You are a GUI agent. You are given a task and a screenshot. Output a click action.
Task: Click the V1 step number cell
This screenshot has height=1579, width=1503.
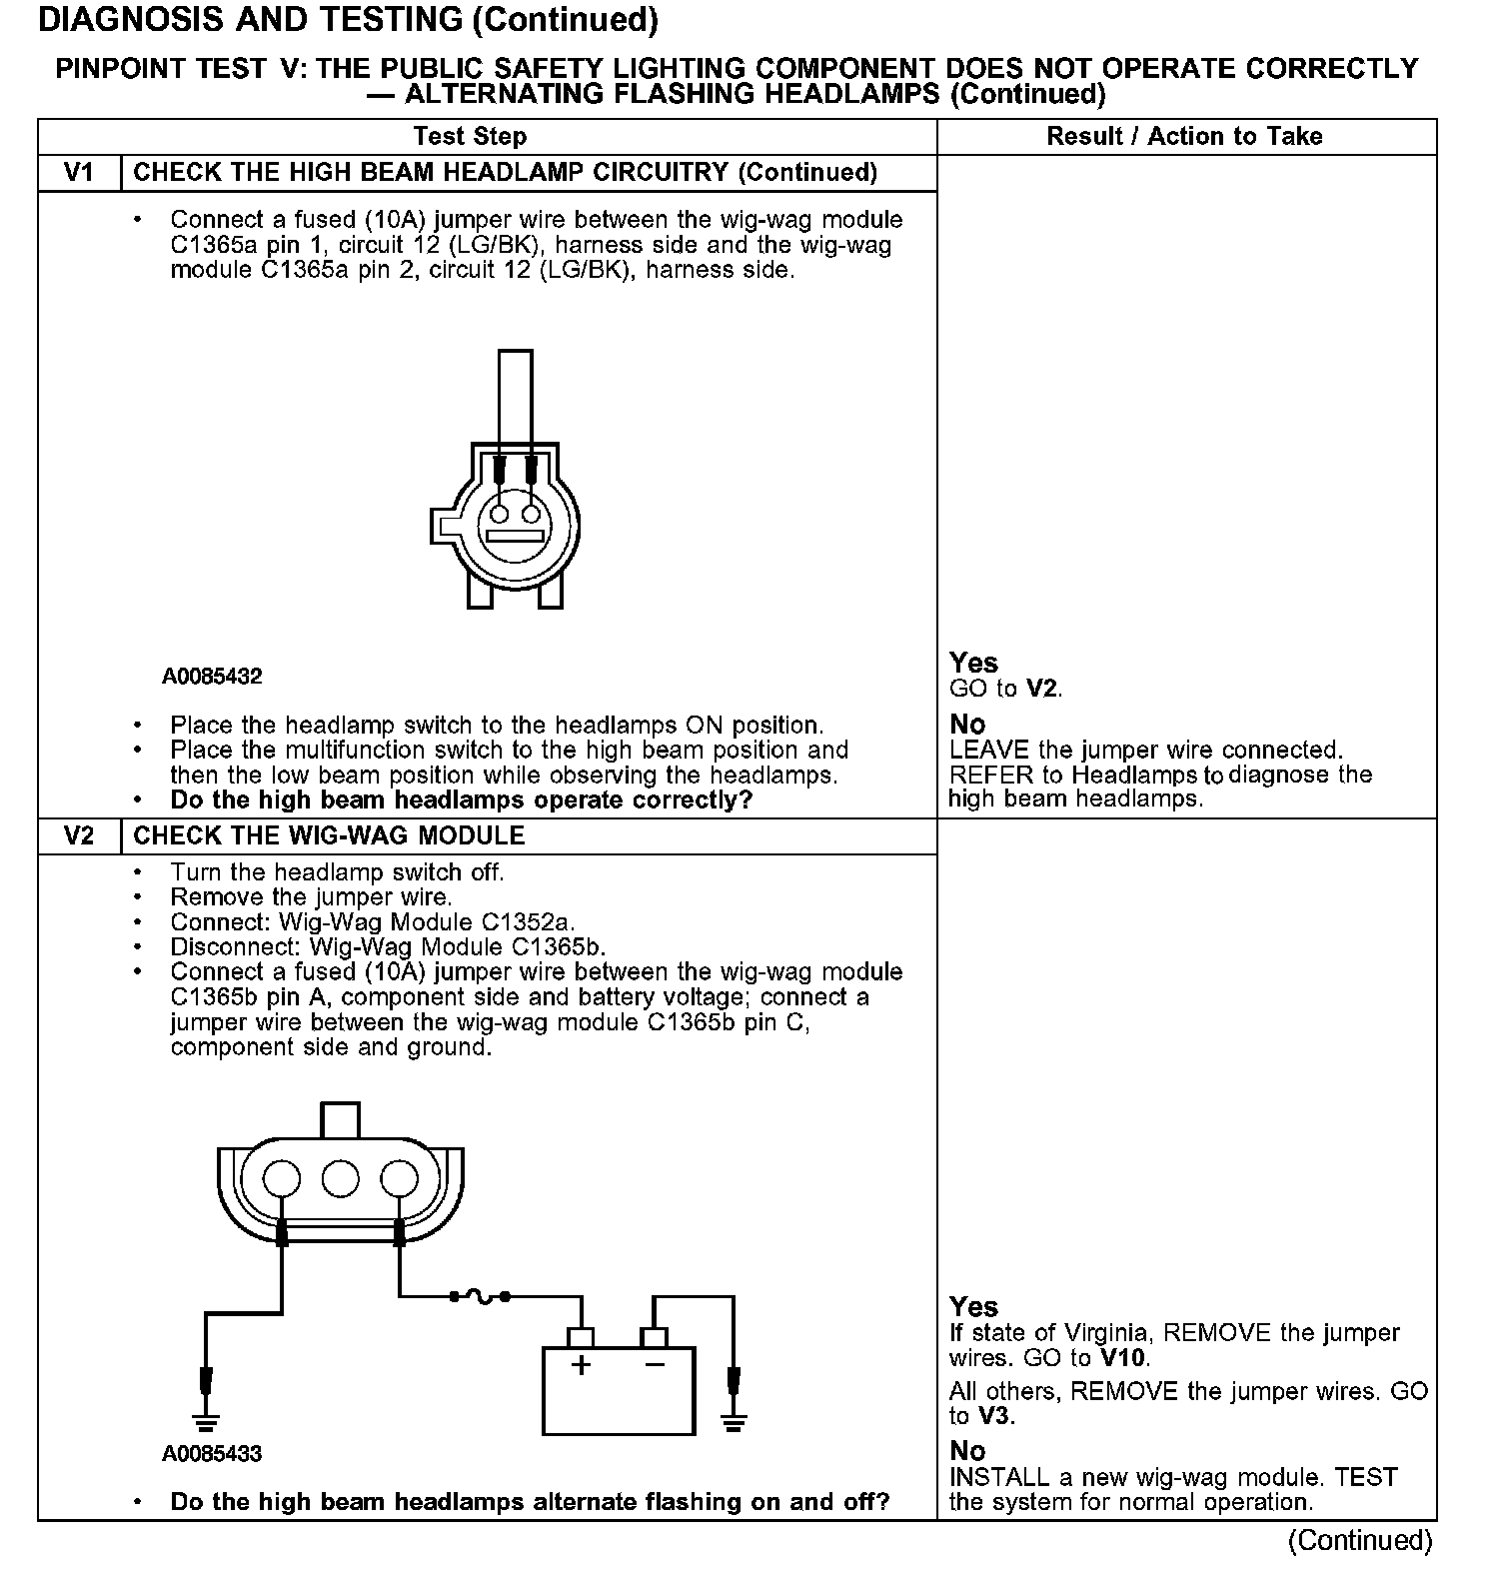pyautogui.click(x=79, y=172)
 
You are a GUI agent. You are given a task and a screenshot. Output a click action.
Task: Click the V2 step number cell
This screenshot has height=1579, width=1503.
pyautogui.click(x=79, y=835)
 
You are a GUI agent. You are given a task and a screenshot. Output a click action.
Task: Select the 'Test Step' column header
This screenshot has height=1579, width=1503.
pyautogui.click(x=470, y=136)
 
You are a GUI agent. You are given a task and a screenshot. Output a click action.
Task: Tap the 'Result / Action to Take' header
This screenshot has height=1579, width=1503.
pyautogui.click(x=1184, y=136)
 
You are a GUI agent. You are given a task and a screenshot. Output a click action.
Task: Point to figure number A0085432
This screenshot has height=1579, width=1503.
pyautogui.click(x=212, y=677)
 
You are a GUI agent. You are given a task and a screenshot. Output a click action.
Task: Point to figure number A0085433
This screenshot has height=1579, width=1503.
pyautogui.click(x=212, y=1454)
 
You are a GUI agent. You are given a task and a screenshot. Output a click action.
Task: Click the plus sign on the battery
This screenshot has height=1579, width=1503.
pyautogui.click(x=581, y=1365)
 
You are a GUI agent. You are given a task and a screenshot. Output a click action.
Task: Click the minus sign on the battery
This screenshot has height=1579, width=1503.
pyautogui.click(x=655, y=1365)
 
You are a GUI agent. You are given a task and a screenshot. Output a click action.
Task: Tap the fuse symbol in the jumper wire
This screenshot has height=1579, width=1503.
pyautogui.click(x=481, y=1296)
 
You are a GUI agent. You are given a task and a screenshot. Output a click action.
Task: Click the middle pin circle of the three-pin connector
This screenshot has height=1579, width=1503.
pyautogui.click(x=340, y=1177)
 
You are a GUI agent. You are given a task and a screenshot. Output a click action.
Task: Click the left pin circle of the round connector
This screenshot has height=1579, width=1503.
pyautogui.click(x=498, y=516)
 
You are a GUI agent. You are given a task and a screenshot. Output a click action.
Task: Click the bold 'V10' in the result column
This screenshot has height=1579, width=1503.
pyautogui.click(x=1124, y=1358)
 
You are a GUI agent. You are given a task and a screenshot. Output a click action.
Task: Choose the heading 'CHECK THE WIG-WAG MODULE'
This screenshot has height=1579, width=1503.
pyautogui.click(x=329, y=835)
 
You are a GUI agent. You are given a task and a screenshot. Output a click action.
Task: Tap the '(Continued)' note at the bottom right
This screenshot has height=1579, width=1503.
pyautogui.click(x=1360, y=1540)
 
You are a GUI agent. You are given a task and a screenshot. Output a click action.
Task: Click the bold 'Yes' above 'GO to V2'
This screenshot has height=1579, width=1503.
pyautogui.click(x=973, y=663)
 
